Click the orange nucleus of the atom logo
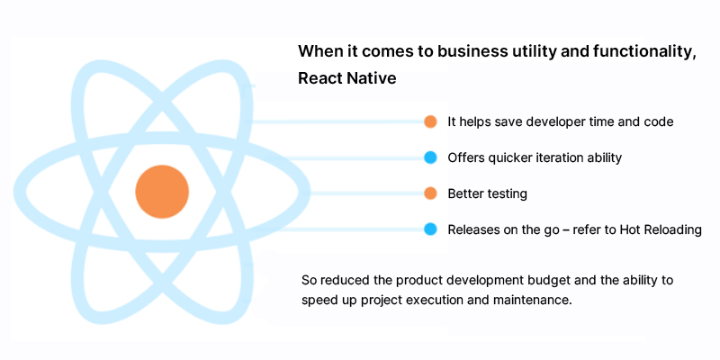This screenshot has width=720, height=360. [162, 192]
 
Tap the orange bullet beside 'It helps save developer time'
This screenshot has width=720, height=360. [430, 121]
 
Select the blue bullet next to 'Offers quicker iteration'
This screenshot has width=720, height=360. [430, 157]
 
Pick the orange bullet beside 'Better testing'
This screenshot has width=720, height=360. [430, 193]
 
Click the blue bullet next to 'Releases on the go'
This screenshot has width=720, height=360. [430, 229]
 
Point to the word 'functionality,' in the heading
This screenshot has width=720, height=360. [639, 51]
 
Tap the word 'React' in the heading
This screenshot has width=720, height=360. [319, 78]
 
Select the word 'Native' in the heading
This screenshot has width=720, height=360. [372, 78]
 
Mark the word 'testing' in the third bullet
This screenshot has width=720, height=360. [505, 193]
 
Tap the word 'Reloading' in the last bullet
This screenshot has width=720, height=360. [674, 229]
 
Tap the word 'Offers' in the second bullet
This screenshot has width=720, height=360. [465, 157]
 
